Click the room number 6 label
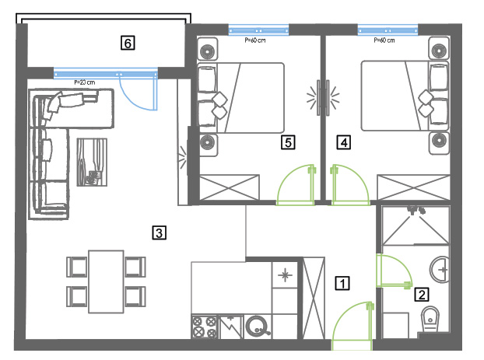tap(128, 43)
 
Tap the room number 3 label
tap(160, 232)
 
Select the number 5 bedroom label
tap(288, 142)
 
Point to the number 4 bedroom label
tap(344, 142)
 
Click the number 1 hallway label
tap(342, 283)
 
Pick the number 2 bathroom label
tap(422, 294)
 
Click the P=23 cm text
tap(85, 82)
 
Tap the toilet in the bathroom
tap(430, 319)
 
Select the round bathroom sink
tap(440, 269)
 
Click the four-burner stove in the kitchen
tap(205, 327)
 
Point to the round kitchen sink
tap(258, 327)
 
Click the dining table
tap(106, 281)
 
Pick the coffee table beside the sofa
tap(92, 162)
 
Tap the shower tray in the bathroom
tap(416, 225)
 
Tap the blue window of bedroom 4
tap(388, 30)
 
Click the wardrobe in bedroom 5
tap(230, 187)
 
